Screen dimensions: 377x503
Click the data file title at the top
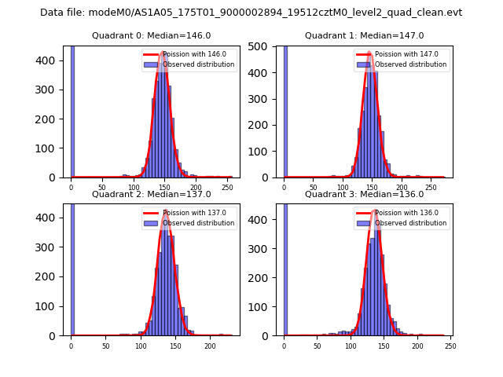[251, 13]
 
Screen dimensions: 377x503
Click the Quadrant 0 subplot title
[151, 35]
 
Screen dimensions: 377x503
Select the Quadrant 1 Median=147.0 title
[364, 35]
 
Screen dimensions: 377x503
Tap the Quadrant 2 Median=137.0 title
[151, 194]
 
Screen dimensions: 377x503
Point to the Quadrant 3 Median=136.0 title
[364, 194]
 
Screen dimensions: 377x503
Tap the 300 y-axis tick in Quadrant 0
[53, 90]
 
